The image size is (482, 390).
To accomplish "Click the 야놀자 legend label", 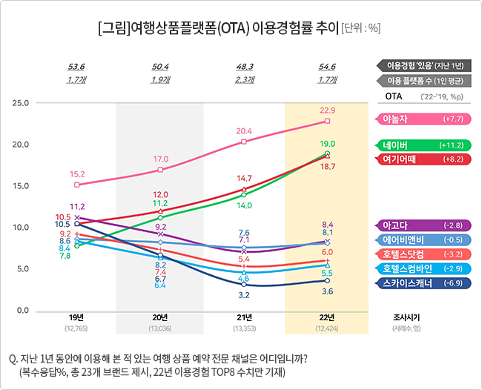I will (x=397, y=119).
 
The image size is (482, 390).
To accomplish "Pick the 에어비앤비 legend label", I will (x=403, y=239).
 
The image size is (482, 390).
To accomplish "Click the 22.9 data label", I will (x=328, y=110).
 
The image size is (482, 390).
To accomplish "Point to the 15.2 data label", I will (x=77, y=174).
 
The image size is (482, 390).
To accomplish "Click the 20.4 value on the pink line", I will (x=244, y=131).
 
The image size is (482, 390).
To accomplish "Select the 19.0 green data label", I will (x=328, y=144).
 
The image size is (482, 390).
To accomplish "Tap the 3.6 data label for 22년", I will (x=328, y=292).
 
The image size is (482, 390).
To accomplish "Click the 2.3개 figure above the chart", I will (x=244, y=79).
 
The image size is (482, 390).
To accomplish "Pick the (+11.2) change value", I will (x=452, y=145).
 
